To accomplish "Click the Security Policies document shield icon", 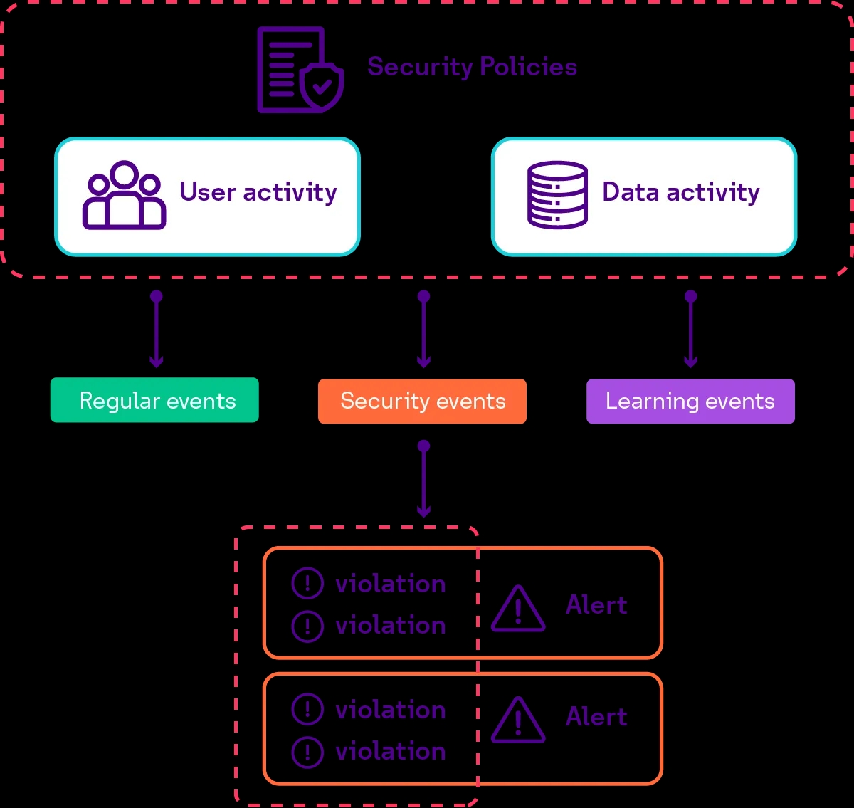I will [x=300, y=70].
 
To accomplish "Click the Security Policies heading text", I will [x=472, y=67].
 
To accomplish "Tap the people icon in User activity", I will [x=125, y=195].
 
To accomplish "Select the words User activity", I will [x=258, y=192].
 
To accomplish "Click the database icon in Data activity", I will [x=557, y=195].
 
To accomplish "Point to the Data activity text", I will [x=681, y=192].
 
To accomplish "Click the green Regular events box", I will [x=154, y=400].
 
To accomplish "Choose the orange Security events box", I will [x=422, y=402].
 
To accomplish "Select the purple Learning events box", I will [x=690, y=402].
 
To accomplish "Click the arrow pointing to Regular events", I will [x=157, y=330].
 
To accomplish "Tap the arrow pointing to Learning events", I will [x=690, y=330].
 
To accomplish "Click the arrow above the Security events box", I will [x=424, y=330].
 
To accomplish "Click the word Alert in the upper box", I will [x=596, y=605].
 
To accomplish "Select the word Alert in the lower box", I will [x=596, y=717].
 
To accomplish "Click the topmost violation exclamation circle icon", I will [x=307, y=584].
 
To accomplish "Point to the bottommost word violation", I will [x=391, y=752].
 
